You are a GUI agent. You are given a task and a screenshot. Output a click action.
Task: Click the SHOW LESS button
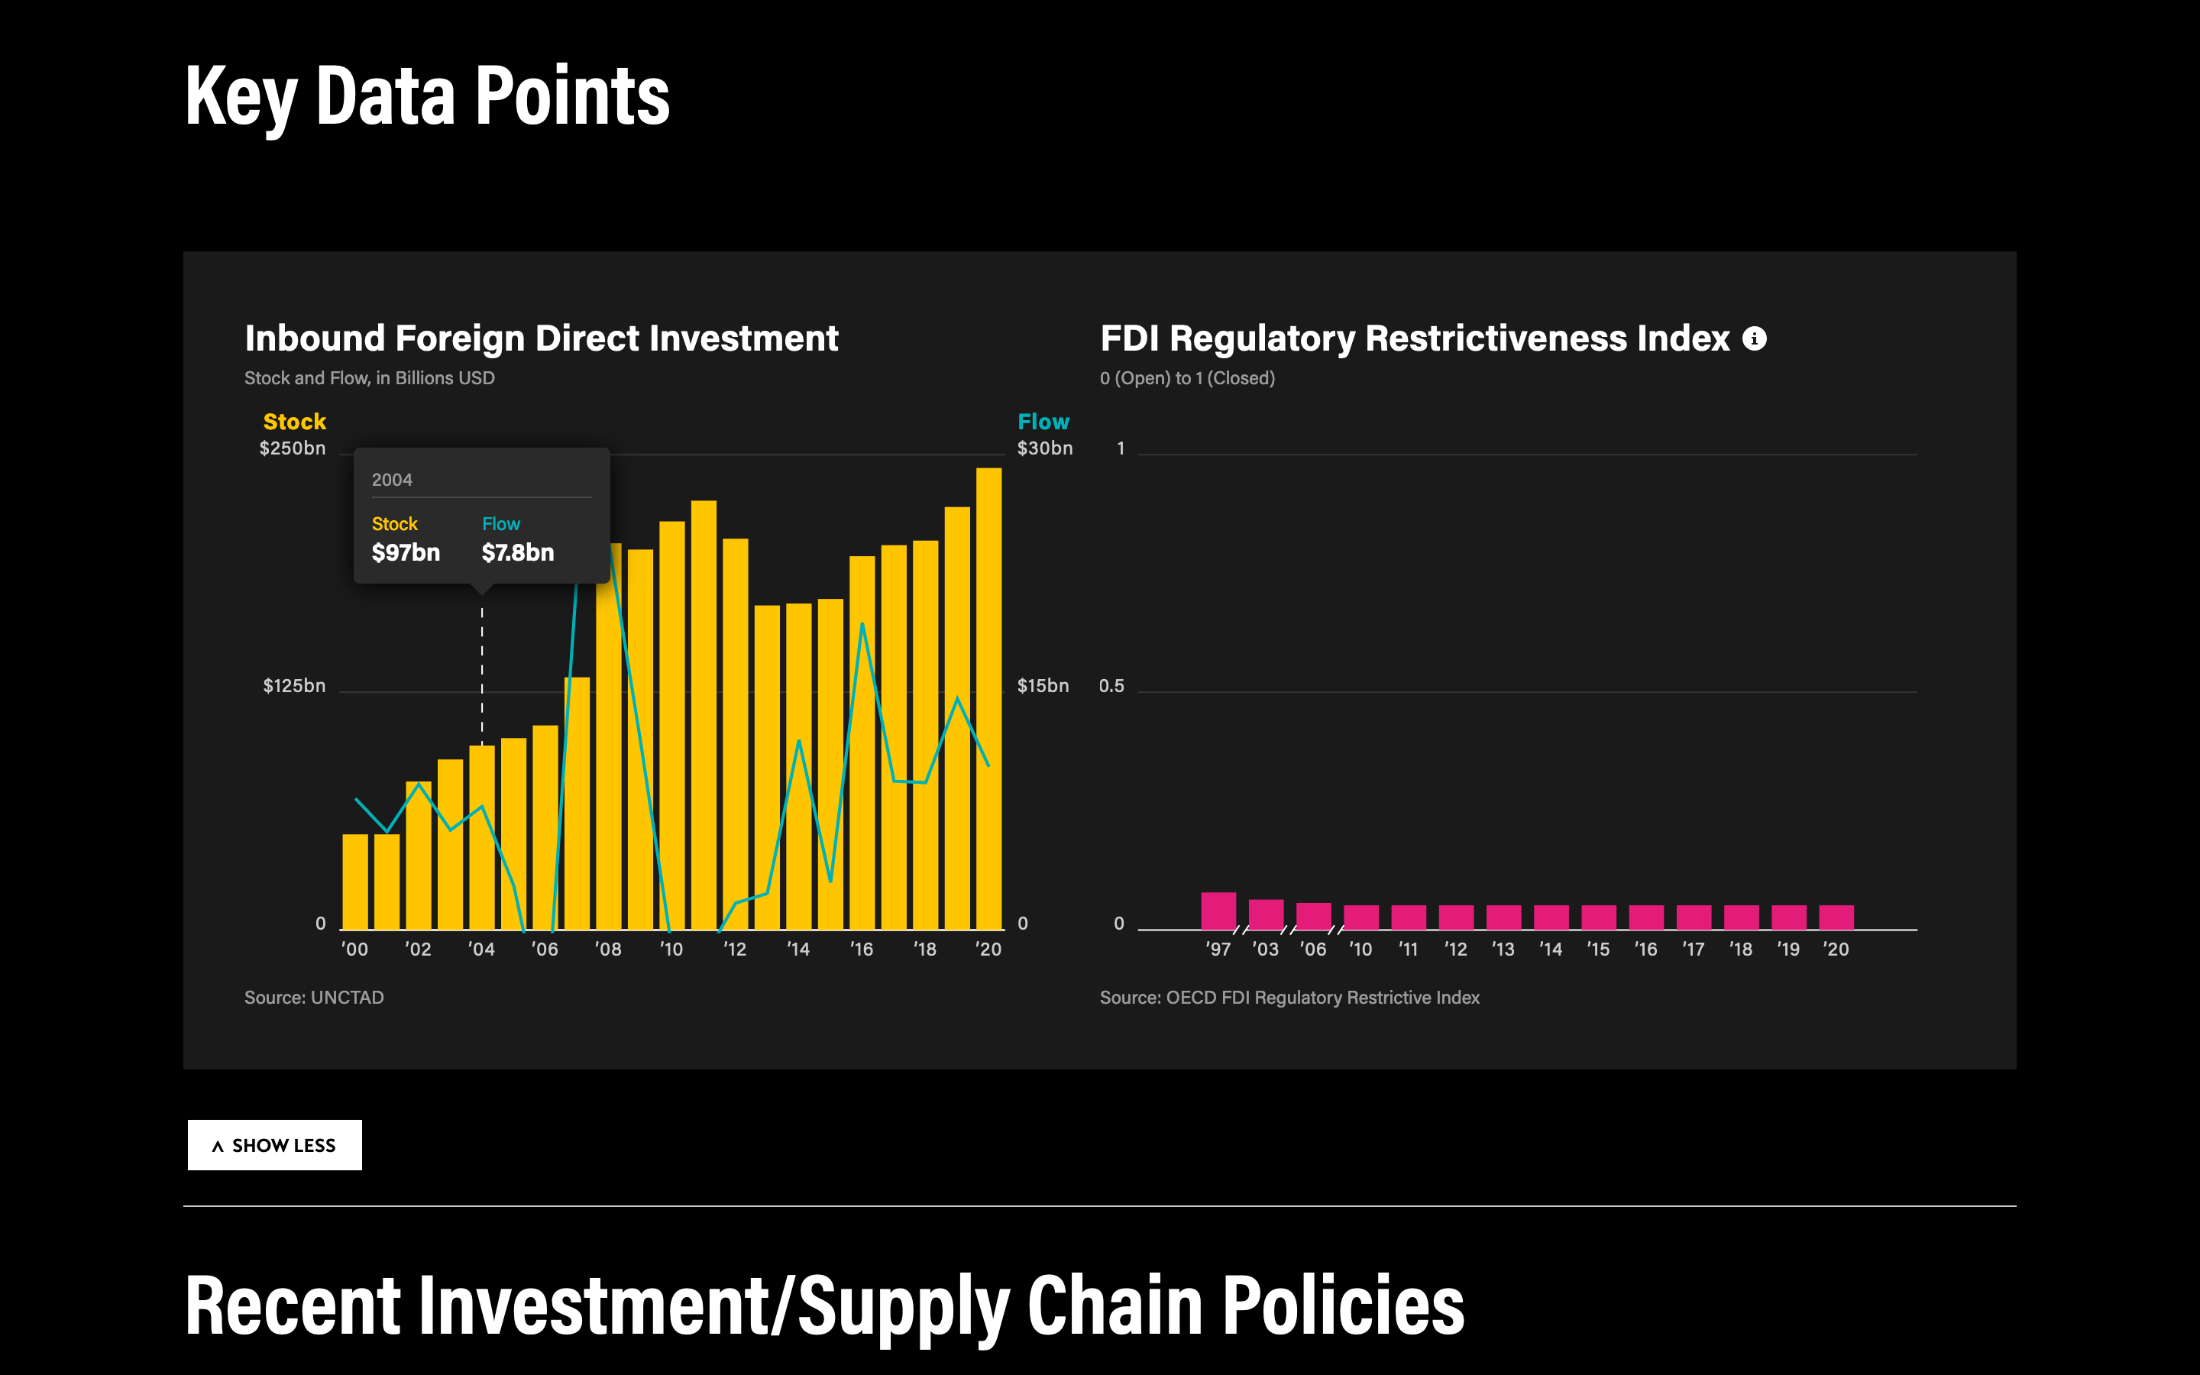(273, 1145)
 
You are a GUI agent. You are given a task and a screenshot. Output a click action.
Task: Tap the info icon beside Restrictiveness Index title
(1754, 339)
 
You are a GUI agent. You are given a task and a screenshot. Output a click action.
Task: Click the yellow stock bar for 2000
(354, 882)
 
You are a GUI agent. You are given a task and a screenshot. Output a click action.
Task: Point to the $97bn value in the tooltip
(406, 553)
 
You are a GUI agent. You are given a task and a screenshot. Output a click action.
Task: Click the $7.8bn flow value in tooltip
(517, 553)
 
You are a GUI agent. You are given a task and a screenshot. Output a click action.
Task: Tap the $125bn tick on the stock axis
(293, 686)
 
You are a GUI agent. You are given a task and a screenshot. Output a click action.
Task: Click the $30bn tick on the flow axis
(1044, 448)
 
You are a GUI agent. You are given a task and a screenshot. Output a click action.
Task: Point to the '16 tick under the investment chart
(861, 950)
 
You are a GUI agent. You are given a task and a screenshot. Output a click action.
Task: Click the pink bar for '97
(1218, 911)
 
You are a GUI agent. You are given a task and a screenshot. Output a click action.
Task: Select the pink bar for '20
(1836, 917)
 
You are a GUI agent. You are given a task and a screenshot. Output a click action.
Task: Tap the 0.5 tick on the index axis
(1111, 686)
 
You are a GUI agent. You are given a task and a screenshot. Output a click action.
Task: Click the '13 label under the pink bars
(1503, 950)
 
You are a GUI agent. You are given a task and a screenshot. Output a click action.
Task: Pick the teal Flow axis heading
(1043, 422)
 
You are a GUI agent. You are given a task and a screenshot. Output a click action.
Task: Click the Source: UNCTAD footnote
(314, 998)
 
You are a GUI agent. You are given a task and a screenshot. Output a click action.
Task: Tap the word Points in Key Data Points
(572, 96)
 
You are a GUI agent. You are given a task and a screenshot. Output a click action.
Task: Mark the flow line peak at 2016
(862, 624)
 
